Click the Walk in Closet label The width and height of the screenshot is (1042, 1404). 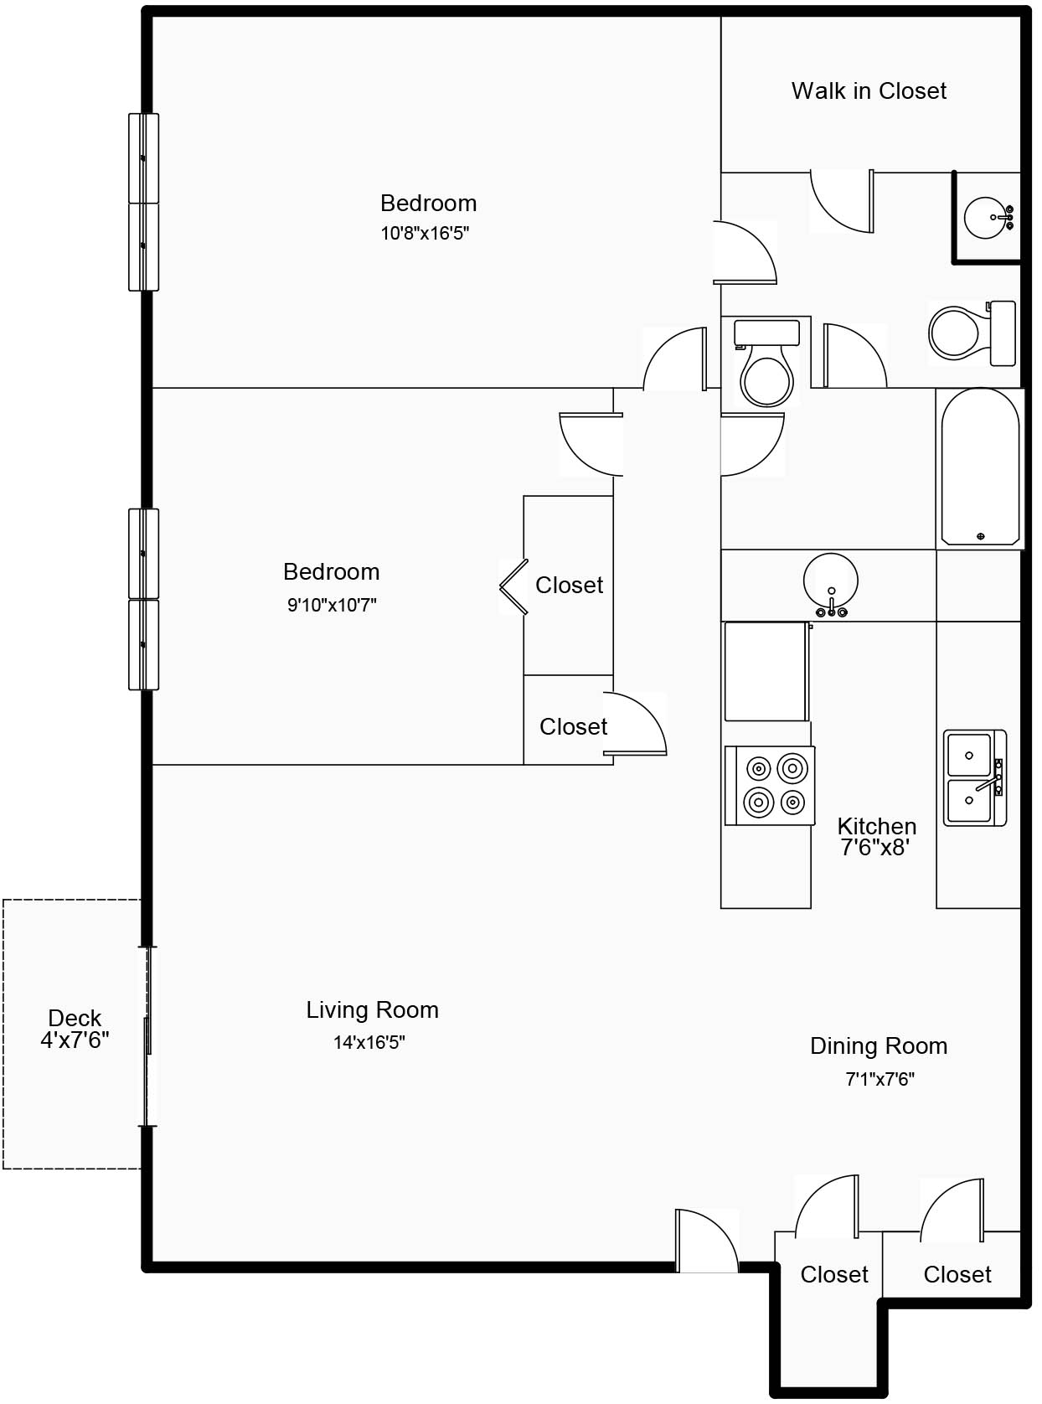point(869,91)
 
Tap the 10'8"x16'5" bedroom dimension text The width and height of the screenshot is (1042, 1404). point(425,234)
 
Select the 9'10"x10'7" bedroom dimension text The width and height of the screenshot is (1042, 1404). point(332,605)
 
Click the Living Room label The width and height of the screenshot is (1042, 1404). point(372,1009)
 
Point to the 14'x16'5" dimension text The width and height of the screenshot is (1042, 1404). point(369,1043)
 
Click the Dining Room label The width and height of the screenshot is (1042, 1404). point(879,1045)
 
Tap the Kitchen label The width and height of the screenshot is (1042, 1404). point(877,826)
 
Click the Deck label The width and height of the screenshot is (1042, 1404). point(75,1018)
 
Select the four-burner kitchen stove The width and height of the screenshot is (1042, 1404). point(770,786)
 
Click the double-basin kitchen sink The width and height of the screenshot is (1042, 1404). point(975,778)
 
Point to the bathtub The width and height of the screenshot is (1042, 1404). point(980,467)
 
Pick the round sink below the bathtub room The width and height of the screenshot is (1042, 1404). point(831,584)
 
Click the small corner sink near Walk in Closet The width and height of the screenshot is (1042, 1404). point(988,218)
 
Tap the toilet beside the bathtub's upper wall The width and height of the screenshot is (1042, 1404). point(972,333)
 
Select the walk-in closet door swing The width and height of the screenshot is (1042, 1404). point(842,201)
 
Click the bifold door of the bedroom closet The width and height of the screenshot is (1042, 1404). point(514,586)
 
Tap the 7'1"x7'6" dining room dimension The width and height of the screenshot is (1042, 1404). point(880,1079)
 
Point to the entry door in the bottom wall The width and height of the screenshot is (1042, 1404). point(707,1241)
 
